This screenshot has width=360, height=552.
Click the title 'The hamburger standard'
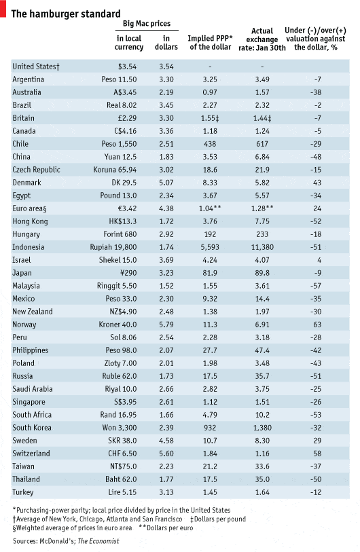(66, 14)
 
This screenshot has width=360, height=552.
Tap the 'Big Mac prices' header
(147, 24)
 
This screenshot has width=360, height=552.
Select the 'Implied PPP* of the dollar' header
(211, 43)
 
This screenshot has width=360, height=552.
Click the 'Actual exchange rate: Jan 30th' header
(262, 39)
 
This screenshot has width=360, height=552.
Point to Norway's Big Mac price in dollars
(166, 325)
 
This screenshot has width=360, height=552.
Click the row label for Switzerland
(31, 454)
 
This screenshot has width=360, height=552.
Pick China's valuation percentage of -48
(316, 157)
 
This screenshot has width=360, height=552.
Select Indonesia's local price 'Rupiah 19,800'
(113, 247)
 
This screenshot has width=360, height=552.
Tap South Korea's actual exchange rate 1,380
(262, 428)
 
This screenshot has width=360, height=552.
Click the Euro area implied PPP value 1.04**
(210, 208)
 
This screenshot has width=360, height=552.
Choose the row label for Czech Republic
(36, 170)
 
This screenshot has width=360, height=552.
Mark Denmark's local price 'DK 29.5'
(124, 183)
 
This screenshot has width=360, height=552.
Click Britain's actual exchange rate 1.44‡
(262, 118)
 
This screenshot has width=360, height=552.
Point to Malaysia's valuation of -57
(316, 286)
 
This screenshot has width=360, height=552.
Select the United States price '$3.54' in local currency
(127, 67)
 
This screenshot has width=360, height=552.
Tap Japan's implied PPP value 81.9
(210, 273)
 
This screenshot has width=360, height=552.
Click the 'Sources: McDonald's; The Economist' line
(66, 541)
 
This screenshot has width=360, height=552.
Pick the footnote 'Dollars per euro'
(170, 528)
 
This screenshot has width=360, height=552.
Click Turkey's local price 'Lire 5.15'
(122, 492)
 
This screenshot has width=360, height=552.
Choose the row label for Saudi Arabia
(33, 389)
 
